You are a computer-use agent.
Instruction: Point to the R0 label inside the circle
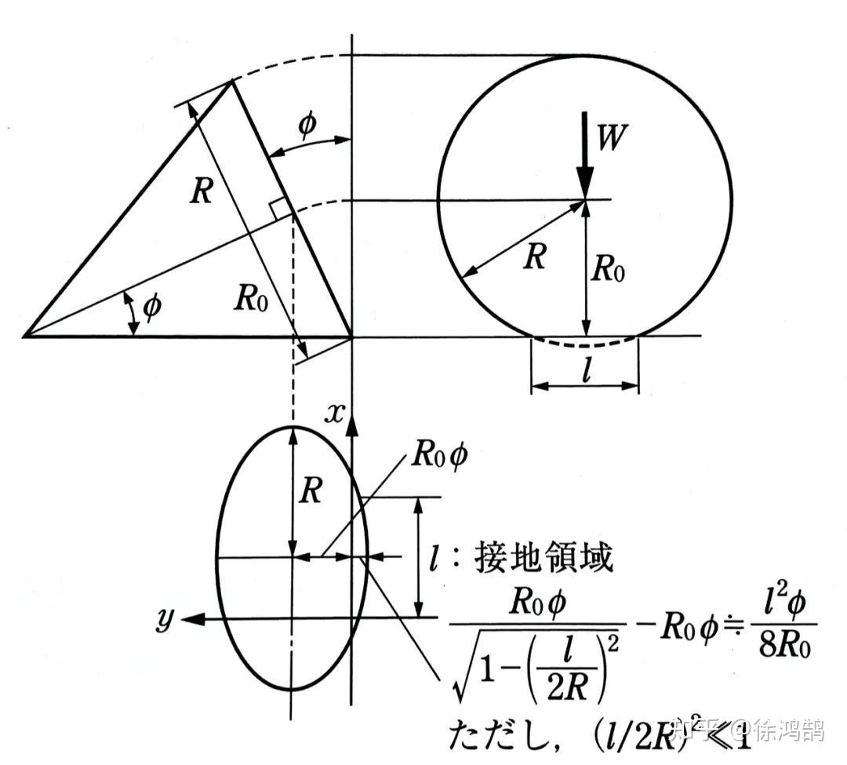click(x=609, y=269)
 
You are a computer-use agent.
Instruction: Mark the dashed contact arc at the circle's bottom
click(x=585, y=344)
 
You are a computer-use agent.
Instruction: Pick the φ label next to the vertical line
click(x=307, y=126)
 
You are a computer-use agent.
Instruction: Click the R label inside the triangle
click(x=201, y=192)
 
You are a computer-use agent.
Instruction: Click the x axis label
click(x=335, y=413)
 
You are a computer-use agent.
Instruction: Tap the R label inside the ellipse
click(x=311, y=492)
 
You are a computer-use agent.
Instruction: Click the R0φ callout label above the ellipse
click(x=438, y=457)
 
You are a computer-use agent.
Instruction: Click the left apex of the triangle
click(x=25, y=336)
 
